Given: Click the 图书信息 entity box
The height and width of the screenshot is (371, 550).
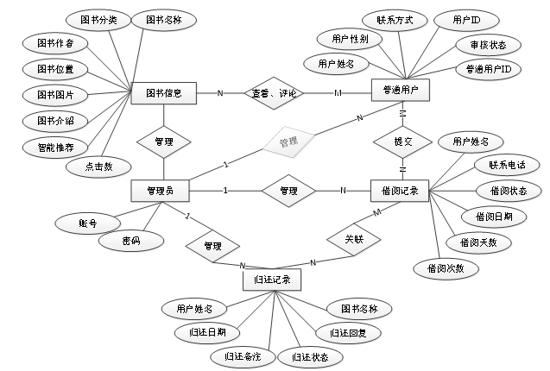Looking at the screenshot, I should pos(163,93).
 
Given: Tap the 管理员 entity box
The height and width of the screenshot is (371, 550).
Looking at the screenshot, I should pos(161,191).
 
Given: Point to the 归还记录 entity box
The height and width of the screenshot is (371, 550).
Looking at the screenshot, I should pos(272,280).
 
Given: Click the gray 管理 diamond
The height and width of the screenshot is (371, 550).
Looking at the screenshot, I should pos(288,141).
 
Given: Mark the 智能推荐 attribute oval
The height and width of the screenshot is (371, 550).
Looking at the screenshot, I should pos(54,148).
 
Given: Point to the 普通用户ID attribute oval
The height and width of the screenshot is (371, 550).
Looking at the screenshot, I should pos(488,68).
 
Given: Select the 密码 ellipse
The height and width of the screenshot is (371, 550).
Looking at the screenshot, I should pos(130,242).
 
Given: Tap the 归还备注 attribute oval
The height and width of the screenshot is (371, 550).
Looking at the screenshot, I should pos(242,355).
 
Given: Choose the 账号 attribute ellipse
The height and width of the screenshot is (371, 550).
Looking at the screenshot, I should pos(87,223).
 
